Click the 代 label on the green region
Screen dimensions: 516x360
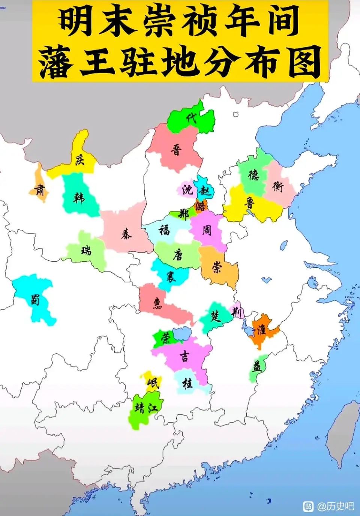tap(192, 118)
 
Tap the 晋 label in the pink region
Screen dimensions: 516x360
tap(176, 150)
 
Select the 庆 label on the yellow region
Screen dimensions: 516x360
tap(79, 160)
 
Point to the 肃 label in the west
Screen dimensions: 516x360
tap(40, 190)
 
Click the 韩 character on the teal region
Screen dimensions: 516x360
tap(79, 197)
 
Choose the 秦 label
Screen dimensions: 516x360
tap(127, 234)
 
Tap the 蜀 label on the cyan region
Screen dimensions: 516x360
tap(35, 300)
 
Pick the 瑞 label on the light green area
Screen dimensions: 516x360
tap(86, 250)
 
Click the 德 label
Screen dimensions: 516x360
tap(253, 175)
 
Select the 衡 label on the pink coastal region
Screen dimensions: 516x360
tap(278, 186)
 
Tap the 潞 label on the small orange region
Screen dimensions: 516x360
tap(201, 205)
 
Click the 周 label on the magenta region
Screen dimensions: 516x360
tap(207, 230)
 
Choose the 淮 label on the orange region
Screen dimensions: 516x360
tap(261, 330)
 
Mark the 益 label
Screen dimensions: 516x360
tap(257, 366)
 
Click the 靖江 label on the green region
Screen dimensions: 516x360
tap(146, 408)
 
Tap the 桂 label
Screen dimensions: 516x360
tap(187, 383)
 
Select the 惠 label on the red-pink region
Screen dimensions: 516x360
tap(157, 303)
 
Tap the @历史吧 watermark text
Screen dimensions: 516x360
tap(335, 506)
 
